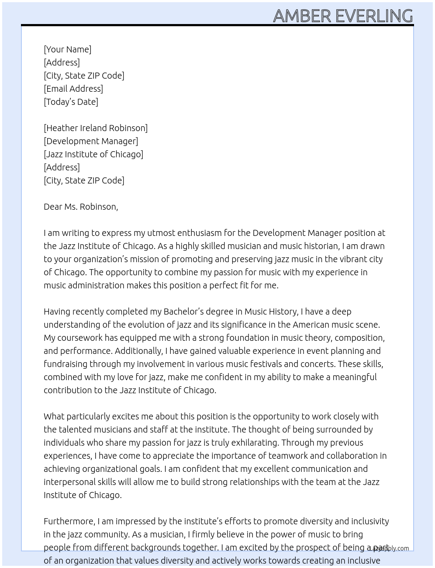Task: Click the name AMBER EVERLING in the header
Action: tap(343, 16)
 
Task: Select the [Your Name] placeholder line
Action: tap(67, 49)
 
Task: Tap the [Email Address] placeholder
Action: tap(73, 89)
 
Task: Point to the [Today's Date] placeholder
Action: tap(71, 102)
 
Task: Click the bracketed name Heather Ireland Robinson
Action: tap(96, 128)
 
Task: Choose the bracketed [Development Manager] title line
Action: tap(91, 141)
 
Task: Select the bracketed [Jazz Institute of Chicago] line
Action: tap(93, 154)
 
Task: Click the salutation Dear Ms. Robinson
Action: tap(81, 207)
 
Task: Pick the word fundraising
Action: tap(66, 364)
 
